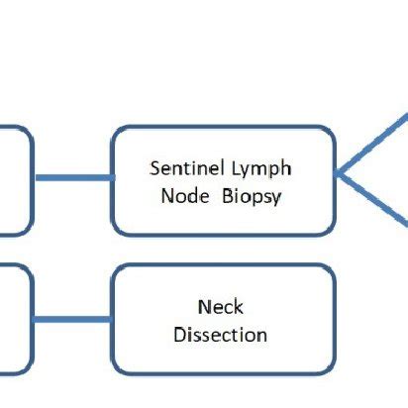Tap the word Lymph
point(261,169)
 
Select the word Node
point(185,196)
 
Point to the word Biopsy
point(252,197)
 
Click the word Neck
point(221,307)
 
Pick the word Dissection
point(220,335)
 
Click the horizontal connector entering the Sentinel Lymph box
point(75,178)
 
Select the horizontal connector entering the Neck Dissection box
point(72,319)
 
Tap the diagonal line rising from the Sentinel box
point(372,144)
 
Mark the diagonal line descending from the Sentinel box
point(372,199)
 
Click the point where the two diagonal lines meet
point(337,173)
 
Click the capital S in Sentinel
point(155,168)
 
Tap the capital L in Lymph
point(236,168)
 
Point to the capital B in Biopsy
point(228,196)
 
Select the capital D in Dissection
point(179,335)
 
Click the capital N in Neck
point(204,307)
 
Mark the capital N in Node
point(167,196)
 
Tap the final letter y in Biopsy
point(276,199)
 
